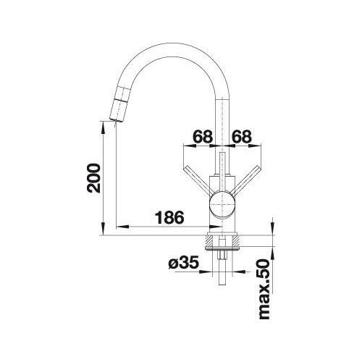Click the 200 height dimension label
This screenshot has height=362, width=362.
pyautogui.click(x=93, y=178)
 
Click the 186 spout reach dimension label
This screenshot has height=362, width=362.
pyautogui.click(x=169, y=217)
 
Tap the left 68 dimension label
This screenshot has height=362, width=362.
pyautogui.click(x=203, y=137)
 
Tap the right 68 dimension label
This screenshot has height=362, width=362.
pyautogui.click(x=242, y=137)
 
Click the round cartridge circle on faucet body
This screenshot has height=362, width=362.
pyautogui.click(x=222, y=204)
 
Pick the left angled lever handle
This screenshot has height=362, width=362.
pyautogui.click(x=198, y=180)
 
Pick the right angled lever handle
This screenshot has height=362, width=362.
pyautogui.click(x=246, y=180)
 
